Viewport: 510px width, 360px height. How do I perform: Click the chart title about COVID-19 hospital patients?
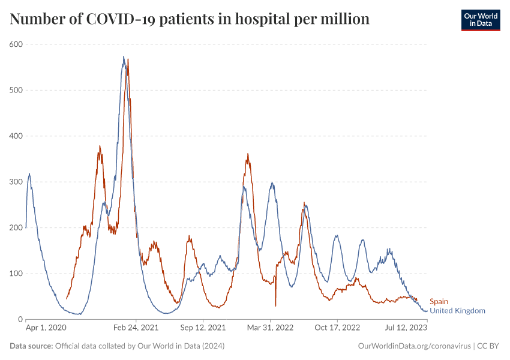tap(190, 19)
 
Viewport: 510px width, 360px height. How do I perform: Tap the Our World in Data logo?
tap(480, 20)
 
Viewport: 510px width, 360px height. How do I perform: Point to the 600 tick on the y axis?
tap(16, 44)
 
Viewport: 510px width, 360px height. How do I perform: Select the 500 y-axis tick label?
tap(16, 90)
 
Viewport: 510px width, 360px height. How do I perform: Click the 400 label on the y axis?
tap(16, 136)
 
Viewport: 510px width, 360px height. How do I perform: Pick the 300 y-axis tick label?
tap(16, 182)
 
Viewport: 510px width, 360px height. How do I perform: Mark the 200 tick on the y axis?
tap(16, 228)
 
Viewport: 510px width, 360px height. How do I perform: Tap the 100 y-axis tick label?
tap(16, 274)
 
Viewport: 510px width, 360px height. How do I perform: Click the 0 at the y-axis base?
tap(20, 319)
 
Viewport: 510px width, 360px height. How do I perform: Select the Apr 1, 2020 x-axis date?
tap(46, 328)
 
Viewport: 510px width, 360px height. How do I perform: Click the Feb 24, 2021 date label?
tap(136, 328)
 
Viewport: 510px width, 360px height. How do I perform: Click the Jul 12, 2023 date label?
tap(406, 328)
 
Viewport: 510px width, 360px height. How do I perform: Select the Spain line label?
tap(439, 302)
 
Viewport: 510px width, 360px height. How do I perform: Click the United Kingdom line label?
tap(457, 311)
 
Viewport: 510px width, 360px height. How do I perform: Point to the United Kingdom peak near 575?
tap(124, 57)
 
